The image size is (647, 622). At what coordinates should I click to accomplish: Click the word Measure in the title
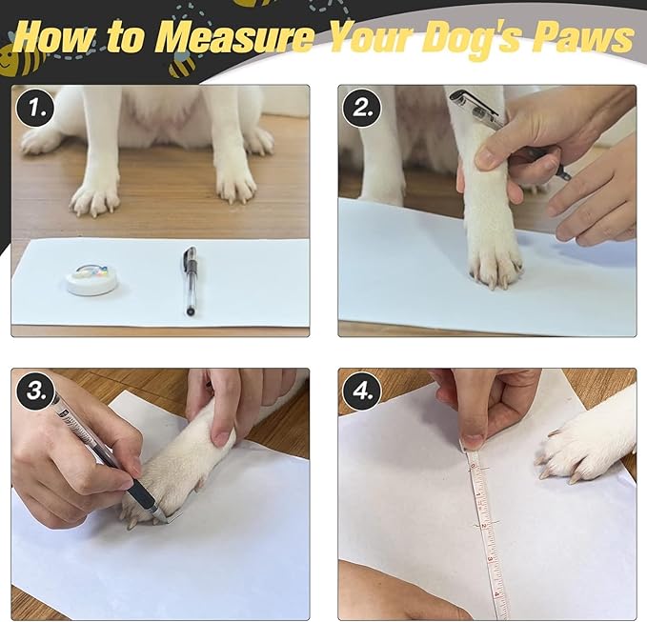[234, 37]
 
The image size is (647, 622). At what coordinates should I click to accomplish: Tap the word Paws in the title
[582, 36]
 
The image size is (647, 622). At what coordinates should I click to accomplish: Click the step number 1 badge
[35, 108]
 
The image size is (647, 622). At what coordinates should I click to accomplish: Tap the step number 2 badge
[362, 108]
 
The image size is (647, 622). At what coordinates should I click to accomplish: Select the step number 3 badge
[35, 391]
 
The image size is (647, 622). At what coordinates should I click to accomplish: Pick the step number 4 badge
[362, 391]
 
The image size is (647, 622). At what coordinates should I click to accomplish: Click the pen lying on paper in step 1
[190, 280]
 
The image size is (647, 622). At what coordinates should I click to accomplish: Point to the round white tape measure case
[92, 279]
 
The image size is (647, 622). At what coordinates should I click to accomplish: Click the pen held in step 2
[508, 132]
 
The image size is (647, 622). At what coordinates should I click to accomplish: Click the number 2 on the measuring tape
[484, 525]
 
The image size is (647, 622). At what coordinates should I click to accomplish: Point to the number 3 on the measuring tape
[491, 559]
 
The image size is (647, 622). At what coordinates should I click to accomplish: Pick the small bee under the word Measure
[182, 65]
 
